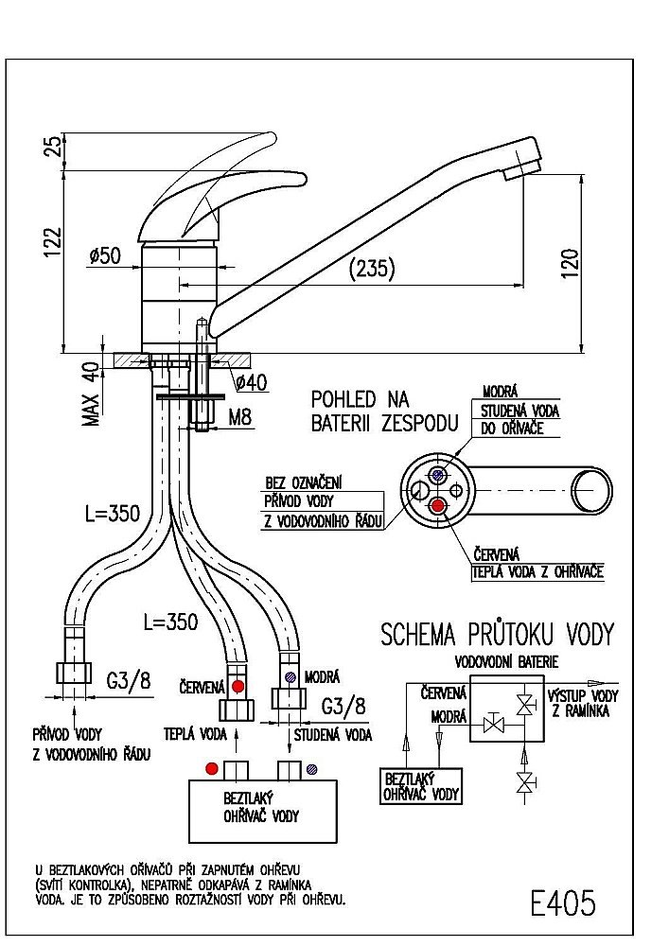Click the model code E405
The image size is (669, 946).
pyautogui.click(x=564, y=903)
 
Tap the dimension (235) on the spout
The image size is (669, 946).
pyautogui.click(x=372, y=269)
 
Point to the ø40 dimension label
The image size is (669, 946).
pyautogui.click(x=251, y=382)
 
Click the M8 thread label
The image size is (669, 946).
pyautogui.click(x=241, y=415)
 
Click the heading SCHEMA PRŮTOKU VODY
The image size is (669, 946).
pyautogui.click(x=497, y=634)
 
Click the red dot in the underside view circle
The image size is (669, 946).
pyautogui.click(x=437, y=506)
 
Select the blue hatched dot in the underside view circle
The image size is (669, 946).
pyautogui.click(x=436, y=475)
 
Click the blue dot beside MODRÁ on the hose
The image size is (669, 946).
pyautogui.click(x=290, y=676)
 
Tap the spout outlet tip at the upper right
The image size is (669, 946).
pyautogui.click(x=522, y=164)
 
